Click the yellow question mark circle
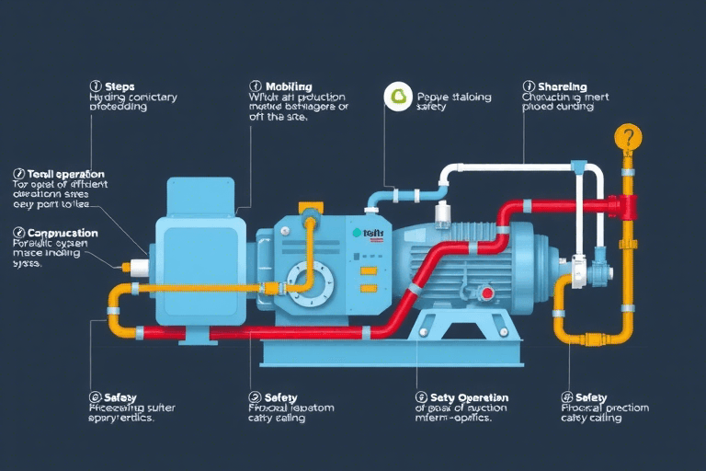point(628,138)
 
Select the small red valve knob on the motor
point(485,293)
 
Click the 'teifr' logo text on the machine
point(371,234)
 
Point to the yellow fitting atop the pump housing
point(311,218)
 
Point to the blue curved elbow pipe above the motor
point(380,198)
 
